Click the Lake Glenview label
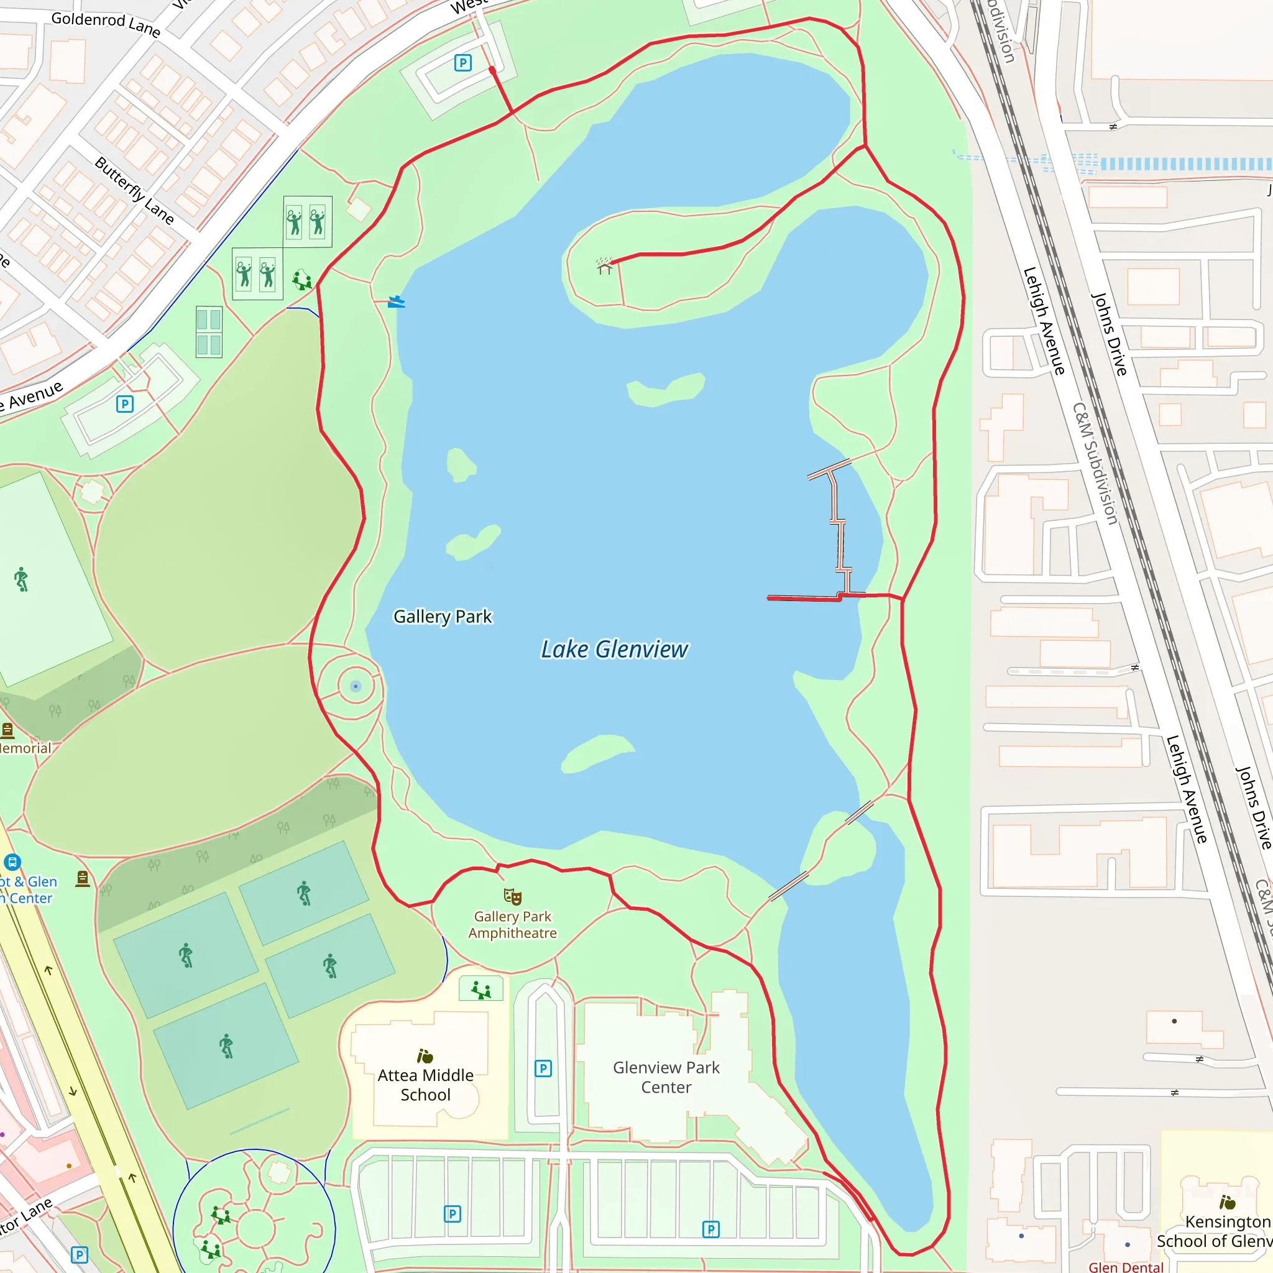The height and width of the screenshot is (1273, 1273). coord(614,650)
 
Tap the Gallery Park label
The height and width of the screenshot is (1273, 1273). coord(442,617)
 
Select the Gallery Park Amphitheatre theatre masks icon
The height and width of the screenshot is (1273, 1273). coord(513,897)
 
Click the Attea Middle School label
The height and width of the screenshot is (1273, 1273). coord(426,1085)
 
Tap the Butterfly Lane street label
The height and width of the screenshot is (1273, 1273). coord(134,191)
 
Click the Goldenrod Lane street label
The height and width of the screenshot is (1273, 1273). coord(106,24)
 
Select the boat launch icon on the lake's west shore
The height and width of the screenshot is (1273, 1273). coord(396,301)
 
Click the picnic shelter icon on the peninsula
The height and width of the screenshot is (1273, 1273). coord(604,266)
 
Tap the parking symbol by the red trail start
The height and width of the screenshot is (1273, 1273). coord(463,63)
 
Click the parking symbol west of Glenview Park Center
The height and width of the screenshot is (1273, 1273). coord(543,1068)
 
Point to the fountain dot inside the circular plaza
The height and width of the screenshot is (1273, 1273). coord(356,687)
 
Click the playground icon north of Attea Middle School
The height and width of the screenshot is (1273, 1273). coord(481,990)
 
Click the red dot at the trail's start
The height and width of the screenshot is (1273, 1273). coord(492,69)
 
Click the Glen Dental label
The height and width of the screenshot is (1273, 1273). coord(1126,1266)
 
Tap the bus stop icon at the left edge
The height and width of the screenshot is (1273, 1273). coord(12,862)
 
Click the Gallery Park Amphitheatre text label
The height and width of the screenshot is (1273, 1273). coord(513,924)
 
